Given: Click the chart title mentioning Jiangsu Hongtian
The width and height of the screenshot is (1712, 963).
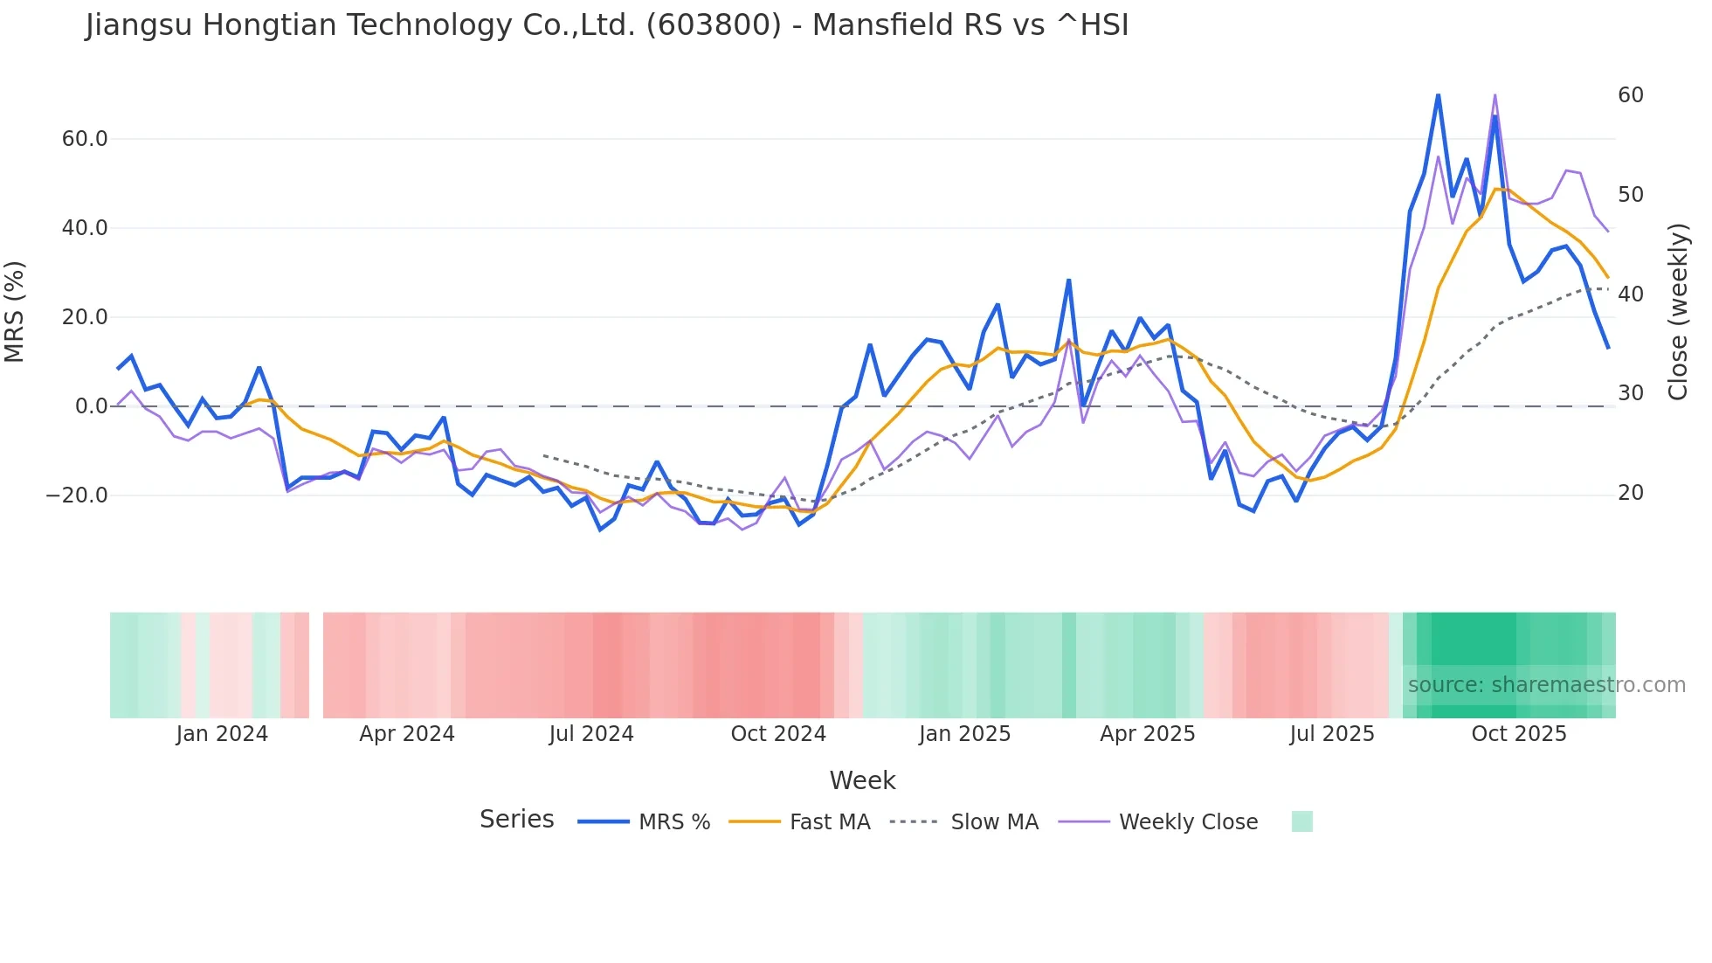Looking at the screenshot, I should (607, 25).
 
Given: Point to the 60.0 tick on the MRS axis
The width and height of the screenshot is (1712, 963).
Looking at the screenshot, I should (85, 139).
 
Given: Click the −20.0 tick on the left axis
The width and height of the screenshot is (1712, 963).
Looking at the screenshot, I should (77, 495).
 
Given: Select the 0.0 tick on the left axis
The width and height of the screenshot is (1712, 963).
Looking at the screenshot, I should (92, 406).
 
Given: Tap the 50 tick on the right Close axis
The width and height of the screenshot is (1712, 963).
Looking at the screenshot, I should (1631, 195).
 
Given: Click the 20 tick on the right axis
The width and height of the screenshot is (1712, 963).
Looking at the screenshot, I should (1631, 493).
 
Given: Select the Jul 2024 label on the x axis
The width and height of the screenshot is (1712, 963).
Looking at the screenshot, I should (591, 734).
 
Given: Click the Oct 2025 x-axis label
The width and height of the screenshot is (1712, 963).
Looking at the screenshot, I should (1519, 734).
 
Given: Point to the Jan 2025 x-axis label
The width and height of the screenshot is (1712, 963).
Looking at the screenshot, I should (964, 734).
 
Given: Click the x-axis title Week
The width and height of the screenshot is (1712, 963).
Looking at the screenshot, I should (862, 780).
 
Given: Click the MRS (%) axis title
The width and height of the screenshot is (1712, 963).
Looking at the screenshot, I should (15, 311).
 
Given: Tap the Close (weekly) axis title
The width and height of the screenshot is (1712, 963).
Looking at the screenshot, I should (1678, 312).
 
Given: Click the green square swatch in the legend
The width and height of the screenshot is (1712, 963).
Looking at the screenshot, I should (1301, 821).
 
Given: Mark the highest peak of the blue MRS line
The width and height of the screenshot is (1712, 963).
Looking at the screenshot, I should (1438, 94).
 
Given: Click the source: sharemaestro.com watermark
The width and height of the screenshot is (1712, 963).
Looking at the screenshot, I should (1546, 685).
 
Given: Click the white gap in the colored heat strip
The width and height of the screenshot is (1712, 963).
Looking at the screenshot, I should (316, 665).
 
